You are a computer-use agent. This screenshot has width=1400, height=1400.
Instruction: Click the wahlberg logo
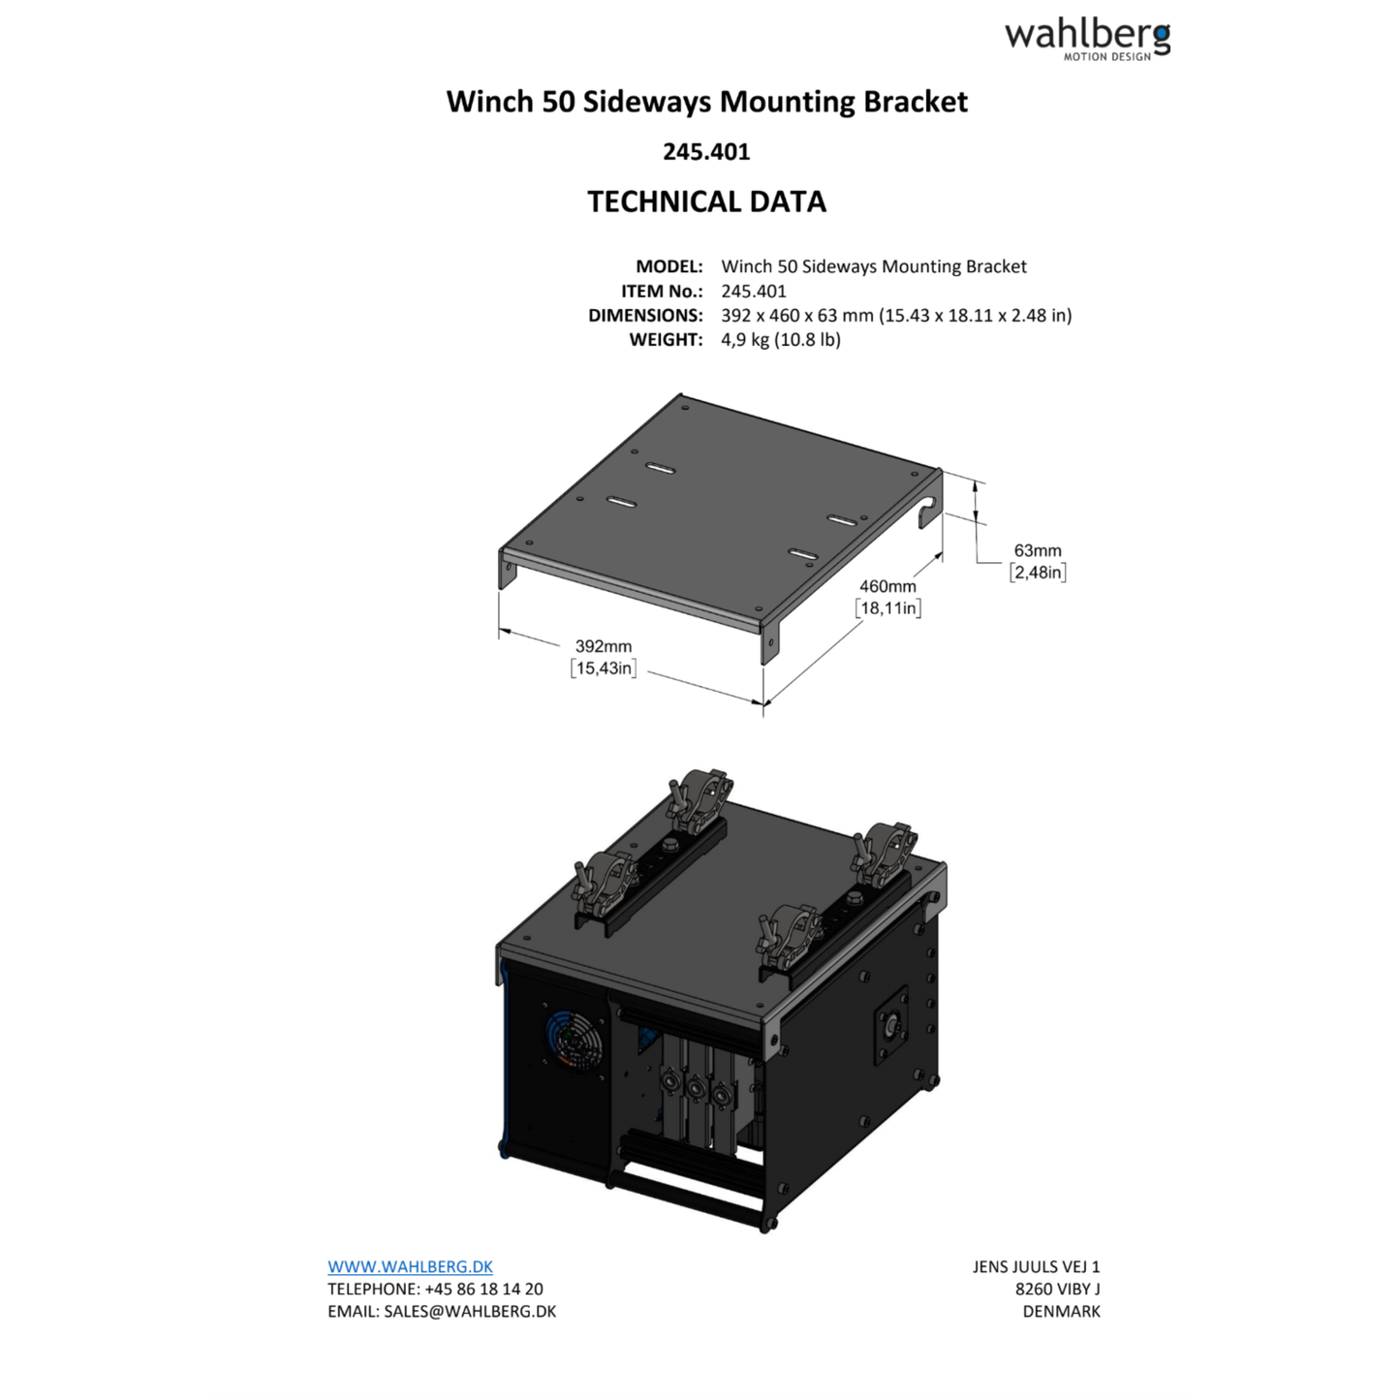click(x=1087, y=39)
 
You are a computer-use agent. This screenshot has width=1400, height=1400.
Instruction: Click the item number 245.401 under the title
click(x=706, y=152)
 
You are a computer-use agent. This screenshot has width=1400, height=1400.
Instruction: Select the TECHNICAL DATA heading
click(x=706, y=202)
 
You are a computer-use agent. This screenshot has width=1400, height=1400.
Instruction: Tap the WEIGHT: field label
click(x=666, y=340)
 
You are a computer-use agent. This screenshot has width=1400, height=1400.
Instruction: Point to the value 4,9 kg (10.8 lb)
click(x=780, y=340)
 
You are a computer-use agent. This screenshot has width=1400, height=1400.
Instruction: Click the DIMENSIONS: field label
click(x=645, y=316)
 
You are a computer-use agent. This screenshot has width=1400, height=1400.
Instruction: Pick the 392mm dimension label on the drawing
click(x=603, y=646)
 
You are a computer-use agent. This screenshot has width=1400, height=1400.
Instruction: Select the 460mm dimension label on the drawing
click(x=887, y=586)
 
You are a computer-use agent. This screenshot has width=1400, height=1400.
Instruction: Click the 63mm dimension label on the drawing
click(x=1038, y=550)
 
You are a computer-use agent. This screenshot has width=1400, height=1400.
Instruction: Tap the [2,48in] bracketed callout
click(x=1038, y=573)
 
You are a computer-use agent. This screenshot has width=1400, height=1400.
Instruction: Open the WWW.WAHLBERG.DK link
click(x=410, y=1266)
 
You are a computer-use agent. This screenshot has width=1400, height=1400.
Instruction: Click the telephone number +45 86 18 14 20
click(x=483, y=1289)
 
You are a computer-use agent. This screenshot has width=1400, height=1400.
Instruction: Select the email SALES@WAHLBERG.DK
click(x=470, y=1311)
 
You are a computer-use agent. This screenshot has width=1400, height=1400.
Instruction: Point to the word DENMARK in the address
click(x=1061, y=1311)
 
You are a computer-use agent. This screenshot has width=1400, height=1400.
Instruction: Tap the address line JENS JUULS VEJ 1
click(x=1036, y=1266)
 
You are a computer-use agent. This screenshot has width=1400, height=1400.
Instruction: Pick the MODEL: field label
click(x=669, y=266)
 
